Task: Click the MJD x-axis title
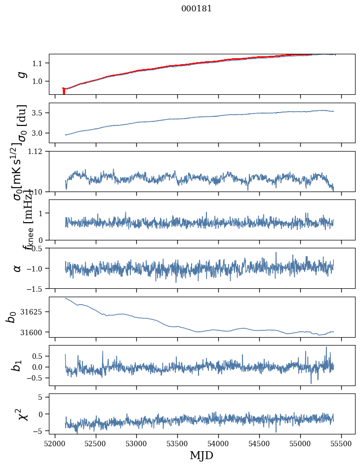click(x=201, y=455)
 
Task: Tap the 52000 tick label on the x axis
click(x=55, y=444)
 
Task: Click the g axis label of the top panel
click(x=21, y=74)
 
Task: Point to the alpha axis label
click(x=18, y=268)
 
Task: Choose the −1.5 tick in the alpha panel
click(x=36, y=288)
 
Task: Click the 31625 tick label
click(x=35, y=312)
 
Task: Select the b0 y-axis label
click(x=11, y=316)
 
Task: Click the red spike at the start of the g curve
click(x=64, y=91)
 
